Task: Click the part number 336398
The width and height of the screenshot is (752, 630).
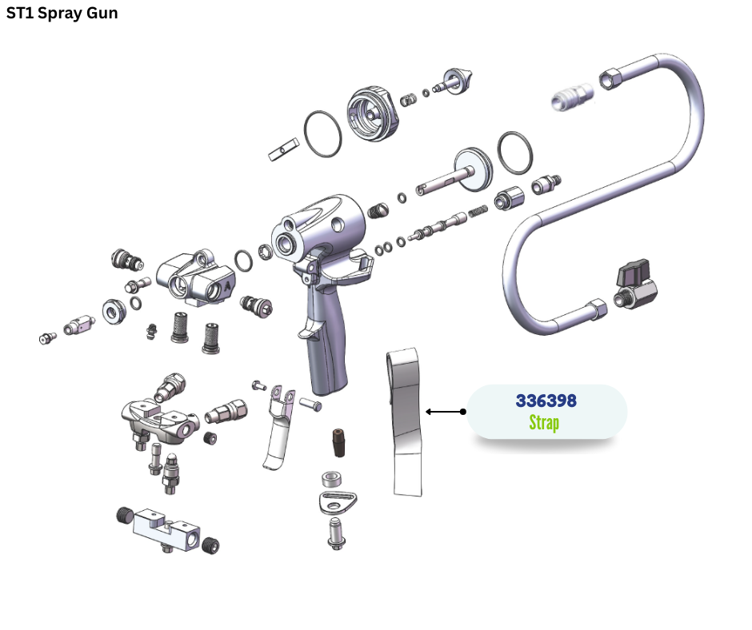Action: pos(546,400)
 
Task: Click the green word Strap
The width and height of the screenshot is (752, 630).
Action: pos(544,423)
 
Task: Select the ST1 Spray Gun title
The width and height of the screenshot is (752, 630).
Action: pos(62,14)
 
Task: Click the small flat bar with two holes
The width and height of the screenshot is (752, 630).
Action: pos(285,149)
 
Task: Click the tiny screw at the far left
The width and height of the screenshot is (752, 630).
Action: pos(47,337)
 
